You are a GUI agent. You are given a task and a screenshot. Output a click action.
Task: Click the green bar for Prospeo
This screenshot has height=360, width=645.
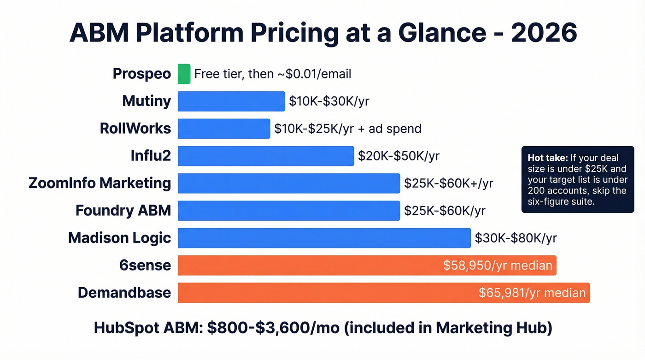pos(184,74)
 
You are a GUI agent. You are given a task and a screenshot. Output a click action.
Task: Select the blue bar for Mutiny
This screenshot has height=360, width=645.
pos(231,101)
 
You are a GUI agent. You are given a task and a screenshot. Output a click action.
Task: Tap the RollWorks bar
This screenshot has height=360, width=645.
pos(224,129)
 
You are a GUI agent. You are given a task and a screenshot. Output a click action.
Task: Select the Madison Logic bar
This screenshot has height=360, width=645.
pos(324,238)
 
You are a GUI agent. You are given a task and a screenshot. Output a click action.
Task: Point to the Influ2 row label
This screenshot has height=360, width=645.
pos(151,156)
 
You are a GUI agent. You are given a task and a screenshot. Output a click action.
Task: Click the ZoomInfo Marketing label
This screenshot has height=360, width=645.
pos(100,183)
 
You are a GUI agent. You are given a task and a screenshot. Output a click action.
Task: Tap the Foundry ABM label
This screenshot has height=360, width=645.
pos(123,211)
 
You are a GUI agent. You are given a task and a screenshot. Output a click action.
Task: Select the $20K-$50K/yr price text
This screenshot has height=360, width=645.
pos(399,156)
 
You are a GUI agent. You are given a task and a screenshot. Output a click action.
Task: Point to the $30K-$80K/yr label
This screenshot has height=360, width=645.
pos(516,238)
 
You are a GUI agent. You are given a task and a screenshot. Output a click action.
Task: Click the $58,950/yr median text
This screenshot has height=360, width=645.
pos(498,265)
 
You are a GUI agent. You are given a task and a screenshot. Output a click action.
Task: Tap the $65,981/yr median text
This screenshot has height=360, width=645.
pos(532,293)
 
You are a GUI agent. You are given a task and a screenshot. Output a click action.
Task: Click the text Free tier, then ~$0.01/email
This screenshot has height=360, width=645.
pos(273,74)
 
